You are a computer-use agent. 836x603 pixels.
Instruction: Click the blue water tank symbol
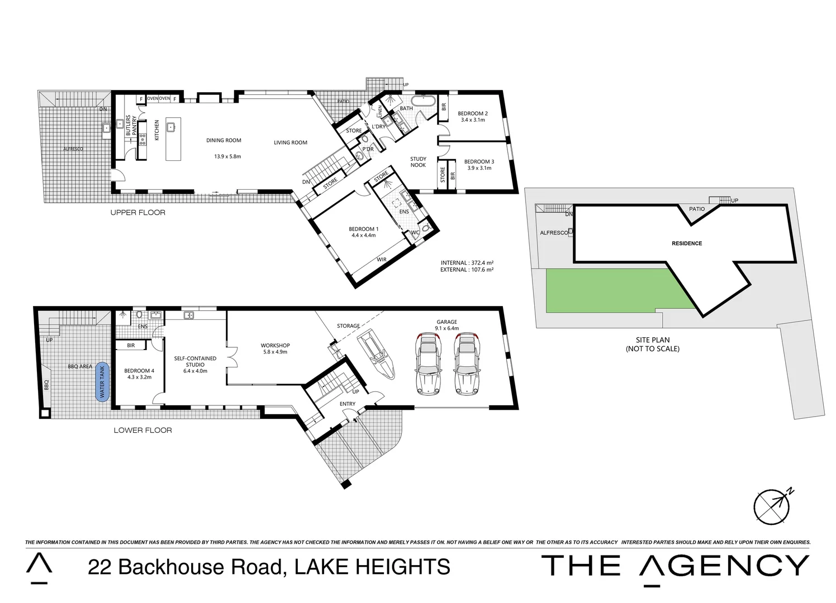102,381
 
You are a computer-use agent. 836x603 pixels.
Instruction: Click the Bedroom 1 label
363,229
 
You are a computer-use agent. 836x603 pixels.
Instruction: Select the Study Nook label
418,162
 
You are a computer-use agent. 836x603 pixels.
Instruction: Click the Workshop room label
275,345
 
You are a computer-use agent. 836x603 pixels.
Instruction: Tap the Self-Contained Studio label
195,361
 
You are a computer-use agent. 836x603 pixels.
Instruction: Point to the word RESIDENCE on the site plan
687,243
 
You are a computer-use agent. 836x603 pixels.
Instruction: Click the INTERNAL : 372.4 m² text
467,262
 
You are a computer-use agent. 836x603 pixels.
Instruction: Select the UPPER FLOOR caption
137,212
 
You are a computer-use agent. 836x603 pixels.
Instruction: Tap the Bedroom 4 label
139,371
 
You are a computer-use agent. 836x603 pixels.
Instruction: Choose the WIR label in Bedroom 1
382,260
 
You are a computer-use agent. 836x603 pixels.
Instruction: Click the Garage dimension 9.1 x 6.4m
446,328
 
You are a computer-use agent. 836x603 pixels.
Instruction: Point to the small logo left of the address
39,568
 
